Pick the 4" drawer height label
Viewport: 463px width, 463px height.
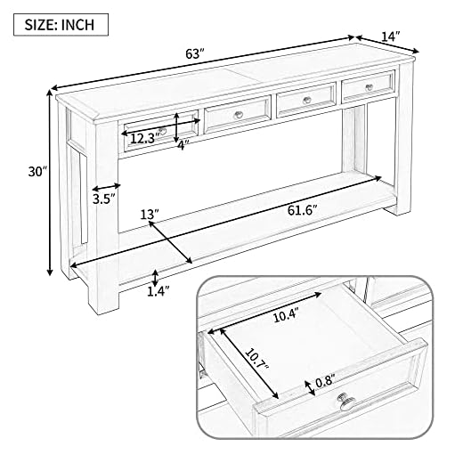click(x=183, y=144)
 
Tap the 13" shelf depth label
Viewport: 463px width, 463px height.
click(x=149, y=215)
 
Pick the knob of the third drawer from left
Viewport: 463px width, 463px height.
click(x=305, y=100)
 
